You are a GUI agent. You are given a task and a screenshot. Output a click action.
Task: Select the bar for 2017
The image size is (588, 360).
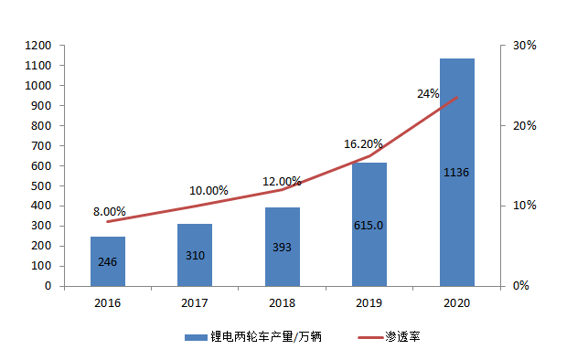tap(195, 255)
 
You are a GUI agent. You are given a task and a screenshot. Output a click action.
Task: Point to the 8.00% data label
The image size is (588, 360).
tap(110, 212)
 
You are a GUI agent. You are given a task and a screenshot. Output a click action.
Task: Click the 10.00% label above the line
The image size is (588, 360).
tap(208, 191)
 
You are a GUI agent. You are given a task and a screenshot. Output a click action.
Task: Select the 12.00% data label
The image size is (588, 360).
tap(283, 181)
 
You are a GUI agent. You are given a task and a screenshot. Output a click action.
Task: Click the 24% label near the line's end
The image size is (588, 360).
tap(428, 93)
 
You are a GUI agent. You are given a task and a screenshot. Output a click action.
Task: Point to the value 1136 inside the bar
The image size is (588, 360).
tap(456, 173)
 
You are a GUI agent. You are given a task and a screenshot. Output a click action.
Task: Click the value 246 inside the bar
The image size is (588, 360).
tap(107, 262)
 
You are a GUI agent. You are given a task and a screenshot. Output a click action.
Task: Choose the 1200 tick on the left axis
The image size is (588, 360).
tap(37, 46)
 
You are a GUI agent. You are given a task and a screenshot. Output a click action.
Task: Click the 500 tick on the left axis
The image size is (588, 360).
tap(41, 185)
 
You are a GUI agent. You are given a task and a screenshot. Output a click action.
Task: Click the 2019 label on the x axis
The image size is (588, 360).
tap(369, 302)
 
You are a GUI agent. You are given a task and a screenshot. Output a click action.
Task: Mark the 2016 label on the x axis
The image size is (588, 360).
tap(107, 302)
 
